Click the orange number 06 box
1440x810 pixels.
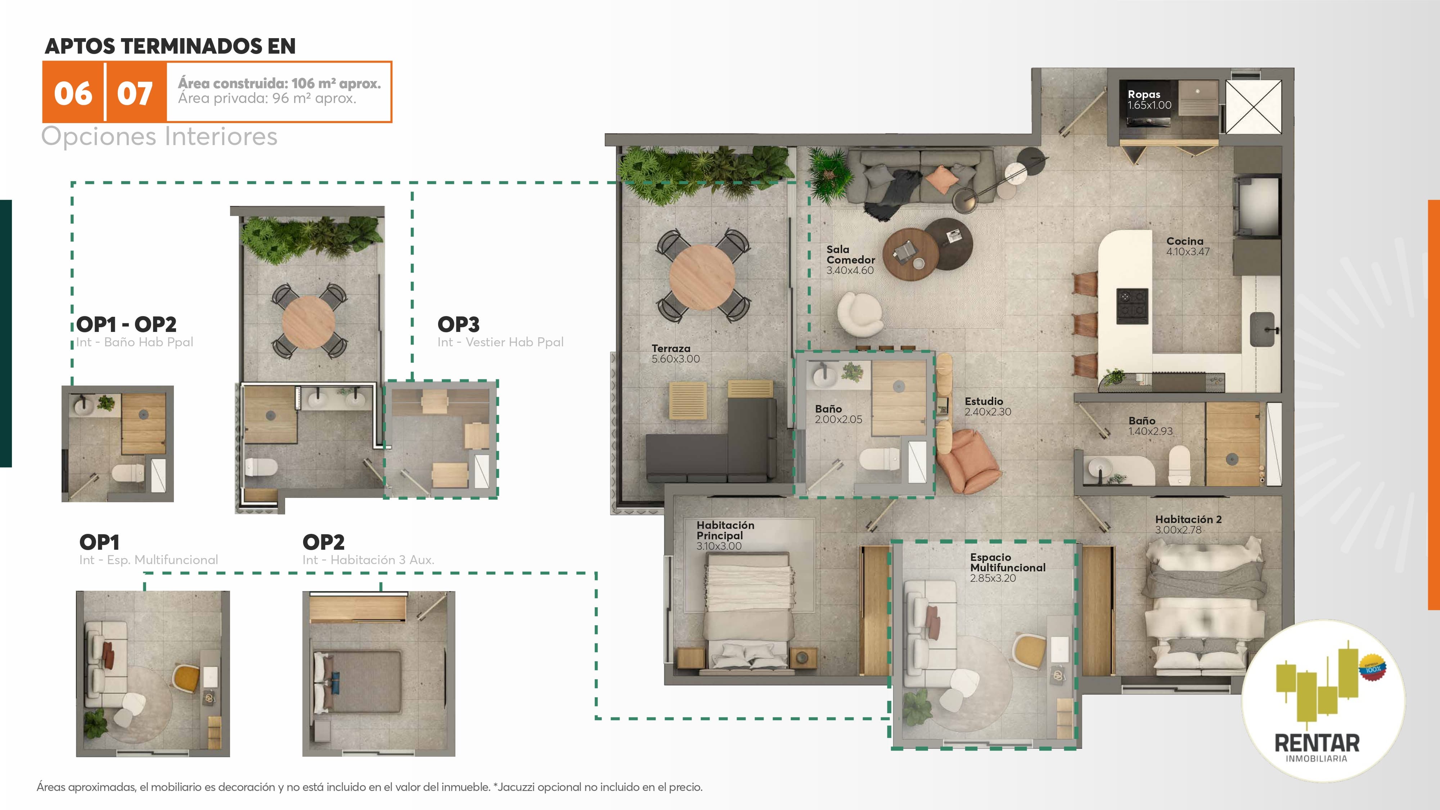[73, 92]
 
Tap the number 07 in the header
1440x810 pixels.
[135, 93]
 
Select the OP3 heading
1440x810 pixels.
[458, 324]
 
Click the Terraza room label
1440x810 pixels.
[671, 348]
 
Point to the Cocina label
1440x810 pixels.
[1184, 241]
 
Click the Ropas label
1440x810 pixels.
[1144, 94]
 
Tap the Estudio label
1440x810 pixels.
[984, 401]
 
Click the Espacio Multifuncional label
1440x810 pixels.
[1007, 562]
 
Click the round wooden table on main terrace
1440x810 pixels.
[702, 277]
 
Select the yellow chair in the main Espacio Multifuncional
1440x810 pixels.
[1030, 651]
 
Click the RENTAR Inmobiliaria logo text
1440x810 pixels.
[1317, 747]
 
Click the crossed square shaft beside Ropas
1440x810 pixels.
[1253, 107]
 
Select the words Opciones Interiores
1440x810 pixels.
[159, 136]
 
